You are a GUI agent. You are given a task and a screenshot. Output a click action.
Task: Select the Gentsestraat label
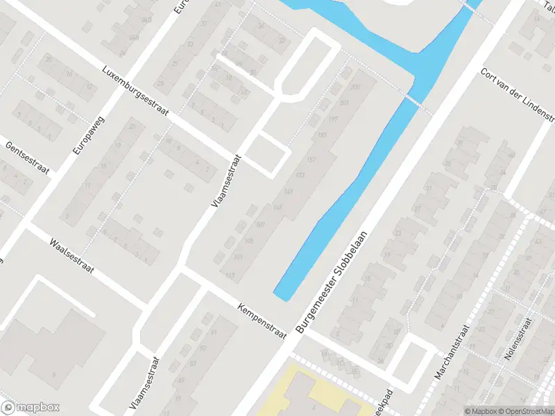28,159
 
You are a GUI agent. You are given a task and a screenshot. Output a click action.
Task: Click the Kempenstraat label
261,320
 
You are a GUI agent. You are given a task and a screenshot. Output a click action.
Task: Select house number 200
356,87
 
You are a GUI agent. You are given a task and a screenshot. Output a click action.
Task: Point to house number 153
300,174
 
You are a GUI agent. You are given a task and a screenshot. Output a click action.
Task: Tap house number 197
333,120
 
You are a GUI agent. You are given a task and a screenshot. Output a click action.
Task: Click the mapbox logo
30,408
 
